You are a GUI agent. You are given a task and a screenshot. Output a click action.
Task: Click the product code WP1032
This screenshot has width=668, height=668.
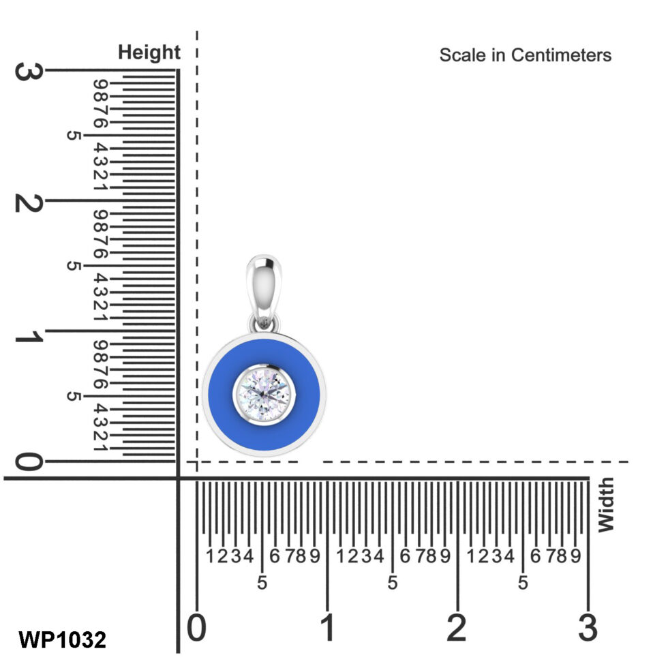coord(62,639)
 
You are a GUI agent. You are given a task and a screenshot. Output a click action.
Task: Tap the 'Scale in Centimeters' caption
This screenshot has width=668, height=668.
coord(525,55)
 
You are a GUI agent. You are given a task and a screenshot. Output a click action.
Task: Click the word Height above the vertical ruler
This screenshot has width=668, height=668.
coord(149,52)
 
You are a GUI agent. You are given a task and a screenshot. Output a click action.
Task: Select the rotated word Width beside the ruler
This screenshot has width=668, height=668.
coord(605,505)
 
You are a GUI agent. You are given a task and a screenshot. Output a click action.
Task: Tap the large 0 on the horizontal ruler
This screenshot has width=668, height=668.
coord(196,628)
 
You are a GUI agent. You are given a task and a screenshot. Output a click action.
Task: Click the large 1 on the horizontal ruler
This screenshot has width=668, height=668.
coord(327,628)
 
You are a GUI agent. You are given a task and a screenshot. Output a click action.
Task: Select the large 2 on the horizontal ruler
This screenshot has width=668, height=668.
coord(457,628)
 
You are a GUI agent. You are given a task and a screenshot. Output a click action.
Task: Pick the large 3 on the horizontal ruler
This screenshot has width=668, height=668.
coord(587,628)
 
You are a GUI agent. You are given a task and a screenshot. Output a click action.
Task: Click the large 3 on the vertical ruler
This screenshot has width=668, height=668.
coord(29,72)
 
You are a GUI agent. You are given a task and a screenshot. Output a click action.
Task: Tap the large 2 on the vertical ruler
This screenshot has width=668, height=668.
coord(29,202)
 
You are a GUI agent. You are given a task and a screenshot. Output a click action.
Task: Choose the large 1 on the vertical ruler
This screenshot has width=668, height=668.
coord(29,334)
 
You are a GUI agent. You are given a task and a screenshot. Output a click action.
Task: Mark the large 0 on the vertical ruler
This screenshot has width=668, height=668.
coord(29,463)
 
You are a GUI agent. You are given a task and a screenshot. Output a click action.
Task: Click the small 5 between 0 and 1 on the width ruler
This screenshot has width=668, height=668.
coord(262,583)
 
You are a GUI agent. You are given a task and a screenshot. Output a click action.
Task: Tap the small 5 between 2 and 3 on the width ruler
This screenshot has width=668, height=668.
coord(523,583)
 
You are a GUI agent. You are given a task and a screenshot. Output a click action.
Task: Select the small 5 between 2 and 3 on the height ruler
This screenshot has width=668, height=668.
coord(74,136)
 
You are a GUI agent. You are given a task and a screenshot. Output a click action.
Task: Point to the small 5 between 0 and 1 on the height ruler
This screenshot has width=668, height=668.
coord(74,397)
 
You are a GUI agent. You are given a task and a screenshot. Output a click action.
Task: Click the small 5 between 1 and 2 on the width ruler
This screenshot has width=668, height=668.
coord(393,583)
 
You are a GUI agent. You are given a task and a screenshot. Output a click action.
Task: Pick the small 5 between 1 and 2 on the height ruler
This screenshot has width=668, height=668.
coord(74,266)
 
